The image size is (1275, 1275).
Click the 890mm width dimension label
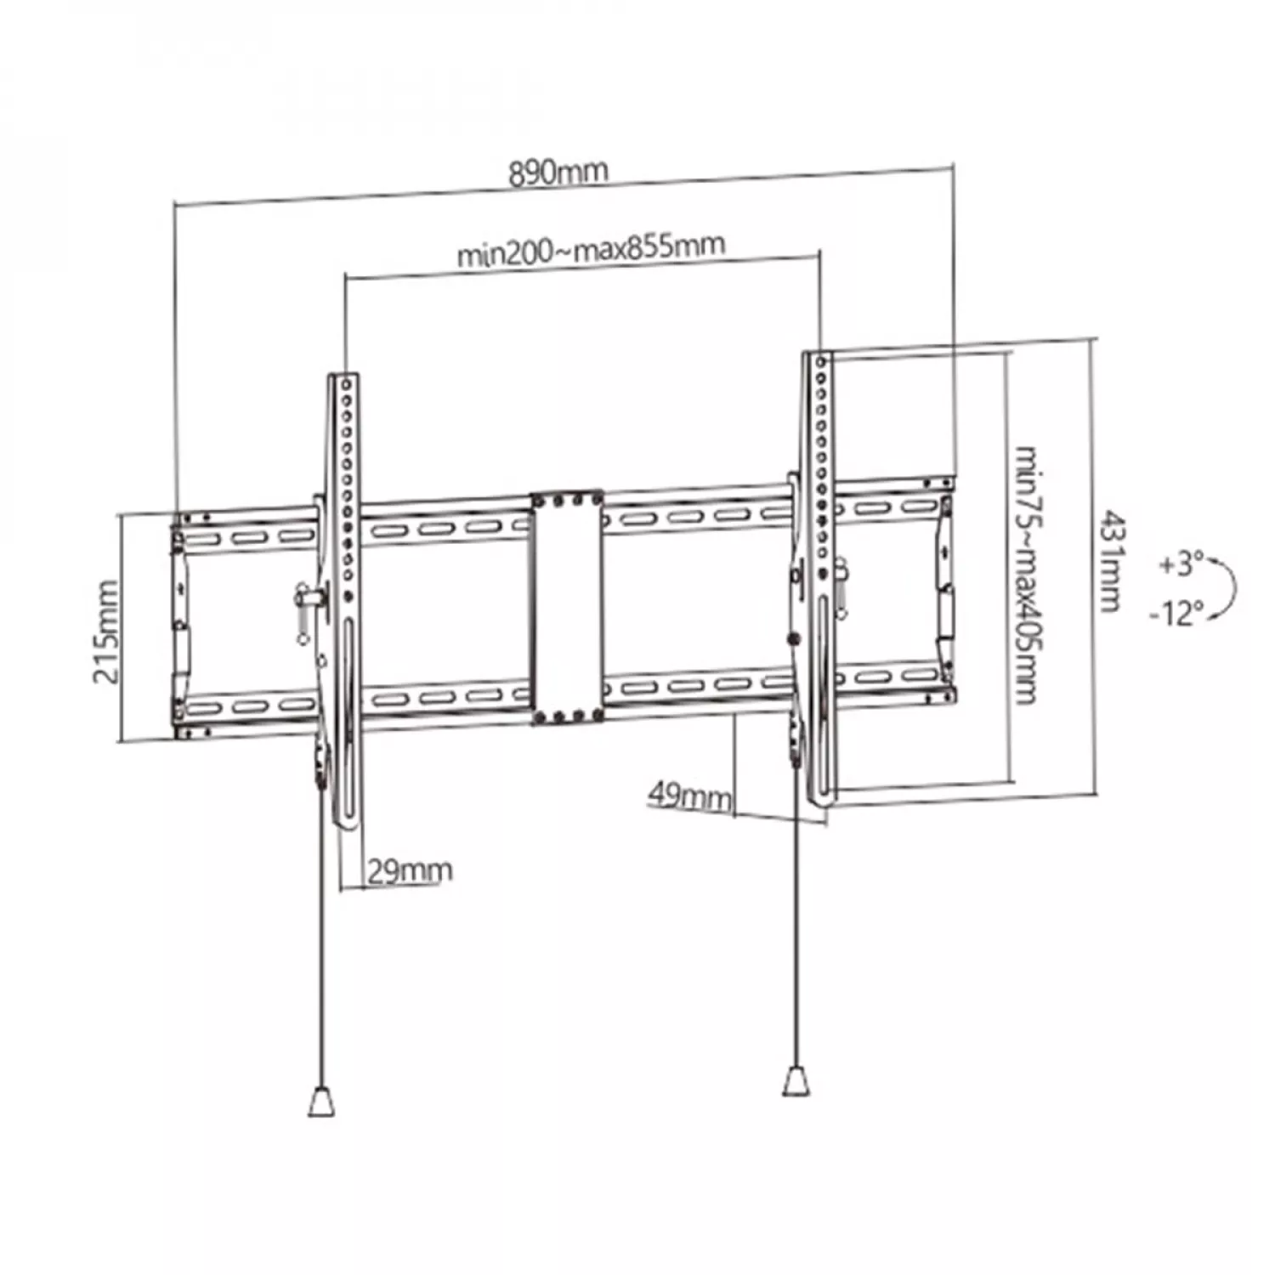(558, 172)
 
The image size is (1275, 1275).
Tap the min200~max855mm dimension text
(592, 249)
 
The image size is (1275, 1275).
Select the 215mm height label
(105, 632)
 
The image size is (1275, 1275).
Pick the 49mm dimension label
(689, 796)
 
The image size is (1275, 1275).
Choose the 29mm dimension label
(410, 870)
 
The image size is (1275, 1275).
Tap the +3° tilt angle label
(1181, 564)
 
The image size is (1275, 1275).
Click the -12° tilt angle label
(1177, 612)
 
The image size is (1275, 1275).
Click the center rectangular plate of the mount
(566, 607)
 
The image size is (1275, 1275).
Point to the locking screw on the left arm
(307, 598)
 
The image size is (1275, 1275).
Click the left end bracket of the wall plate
(180, 625)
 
